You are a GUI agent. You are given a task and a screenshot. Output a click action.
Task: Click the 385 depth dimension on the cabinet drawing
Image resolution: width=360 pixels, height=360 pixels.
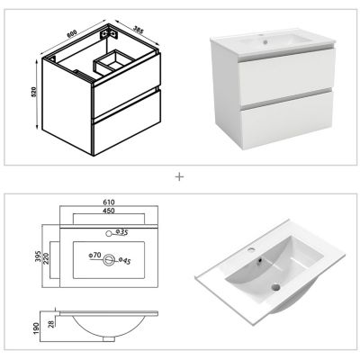tap(137, 29)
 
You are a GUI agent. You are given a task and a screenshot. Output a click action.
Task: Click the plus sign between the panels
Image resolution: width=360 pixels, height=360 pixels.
tap(179, 176)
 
